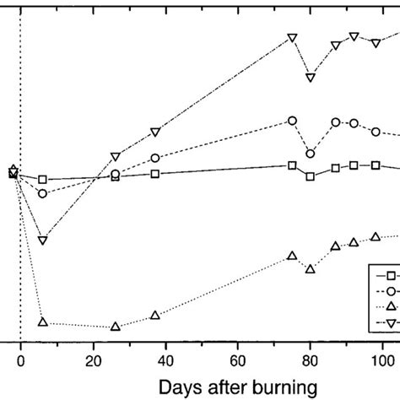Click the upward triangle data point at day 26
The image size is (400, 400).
click(x=116, y=326)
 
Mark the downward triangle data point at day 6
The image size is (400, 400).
click(x=43, y=241)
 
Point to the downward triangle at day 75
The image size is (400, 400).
click(x=293, y=38)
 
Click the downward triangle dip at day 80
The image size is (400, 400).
click(x=311, y=78)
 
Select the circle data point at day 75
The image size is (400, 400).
click(x=293, y=121)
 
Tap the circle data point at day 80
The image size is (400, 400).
click(x=311, y=154)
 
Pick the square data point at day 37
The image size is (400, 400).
click(x=155, y=174)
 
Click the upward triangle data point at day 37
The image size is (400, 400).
click(x=155, y=315)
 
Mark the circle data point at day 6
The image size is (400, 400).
click(x=43, y=193)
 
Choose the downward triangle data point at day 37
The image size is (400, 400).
click(x=155, y=132)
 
